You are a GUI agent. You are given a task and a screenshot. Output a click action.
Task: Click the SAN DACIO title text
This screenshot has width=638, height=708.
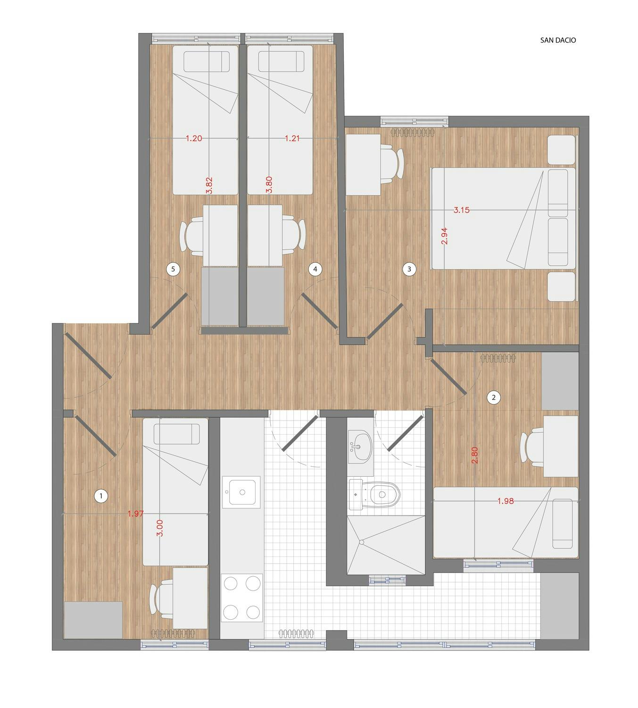tap(558, 40)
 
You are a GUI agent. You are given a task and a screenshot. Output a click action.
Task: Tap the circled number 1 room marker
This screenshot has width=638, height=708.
tap(101, 496)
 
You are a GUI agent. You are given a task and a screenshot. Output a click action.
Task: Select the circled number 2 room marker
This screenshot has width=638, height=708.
tap(493, 397)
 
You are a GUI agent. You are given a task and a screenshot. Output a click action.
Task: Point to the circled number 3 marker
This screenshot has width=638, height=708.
tap(409, 270)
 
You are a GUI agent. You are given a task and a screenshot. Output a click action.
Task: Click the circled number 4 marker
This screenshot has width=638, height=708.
tap(315, 270)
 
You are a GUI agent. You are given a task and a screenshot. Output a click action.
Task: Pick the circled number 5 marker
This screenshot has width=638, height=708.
tap(173, 270)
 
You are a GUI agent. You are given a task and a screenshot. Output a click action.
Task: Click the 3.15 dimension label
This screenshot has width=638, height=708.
tap(461, 210)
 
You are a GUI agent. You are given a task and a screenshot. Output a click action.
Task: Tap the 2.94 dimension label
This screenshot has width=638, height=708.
tap(444, 236)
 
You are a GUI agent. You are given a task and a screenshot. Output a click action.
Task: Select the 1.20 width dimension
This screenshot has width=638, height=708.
tap(194, 138)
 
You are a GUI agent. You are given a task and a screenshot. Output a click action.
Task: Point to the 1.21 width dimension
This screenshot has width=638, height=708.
tap(292, 138)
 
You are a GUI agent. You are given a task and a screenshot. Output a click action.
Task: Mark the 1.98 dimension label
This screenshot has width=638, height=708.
tap(505, 501)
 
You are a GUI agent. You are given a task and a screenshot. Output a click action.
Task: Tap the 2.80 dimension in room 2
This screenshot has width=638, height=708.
tap(475, 455)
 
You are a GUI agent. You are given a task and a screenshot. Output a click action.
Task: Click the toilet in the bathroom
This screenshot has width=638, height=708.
tap(374, 495)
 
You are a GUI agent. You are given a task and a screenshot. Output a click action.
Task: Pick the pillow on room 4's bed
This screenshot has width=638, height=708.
tap(281, 61)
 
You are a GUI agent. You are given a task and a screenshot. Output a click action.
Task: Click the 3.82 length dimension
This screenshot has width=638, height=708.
tap(209, 185)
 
